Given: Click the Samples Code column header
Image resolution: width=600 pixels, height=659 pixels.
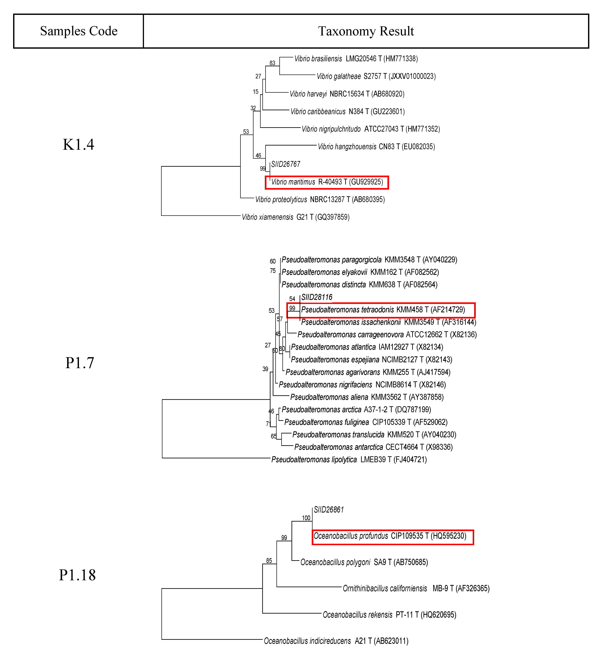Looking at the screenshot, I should [78, 31].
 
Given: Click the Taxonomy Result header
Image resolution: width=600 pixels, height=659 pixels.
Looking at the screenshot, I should [366, 31].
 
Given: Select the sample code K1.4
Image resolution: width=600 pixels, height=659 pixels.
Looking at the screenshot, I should [78, 145].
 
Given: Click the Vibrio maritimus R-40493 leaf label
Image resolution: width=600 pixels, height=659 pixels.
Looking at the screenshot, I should [327, 182].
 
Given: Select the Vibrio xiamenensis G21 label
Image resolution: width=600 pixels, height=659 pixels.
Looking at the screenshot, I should [295, 217].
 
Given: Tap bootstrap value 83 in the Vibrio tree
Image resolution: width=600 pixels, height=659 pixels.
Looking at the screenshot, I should [272, 63].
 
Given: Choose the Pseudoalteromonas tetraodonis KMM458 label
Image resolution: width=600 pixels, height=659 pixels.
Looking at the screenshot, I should [383, 310].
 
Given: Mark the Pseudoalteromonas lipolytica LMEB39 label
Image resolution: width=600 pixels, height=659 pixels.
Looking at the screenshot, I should [349, 460].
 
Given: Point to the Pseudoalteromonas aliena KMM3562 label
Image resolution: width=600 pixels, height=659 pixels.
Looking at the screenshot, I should [367, 397].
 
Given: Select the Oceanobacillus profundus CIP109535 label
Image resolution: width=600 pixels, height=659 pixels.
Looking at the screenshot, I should [390, 536].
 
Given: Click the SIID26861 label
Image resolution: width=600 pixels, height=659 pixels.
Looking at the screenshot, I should [328, 510].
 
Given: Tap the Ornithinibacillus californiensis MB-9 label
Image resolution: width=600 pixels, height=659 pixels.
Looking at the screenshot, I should [416, 588].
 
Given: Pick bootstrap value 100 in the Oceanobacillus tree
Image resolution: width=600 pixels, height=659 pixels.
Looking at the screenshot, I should [306, 518].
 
